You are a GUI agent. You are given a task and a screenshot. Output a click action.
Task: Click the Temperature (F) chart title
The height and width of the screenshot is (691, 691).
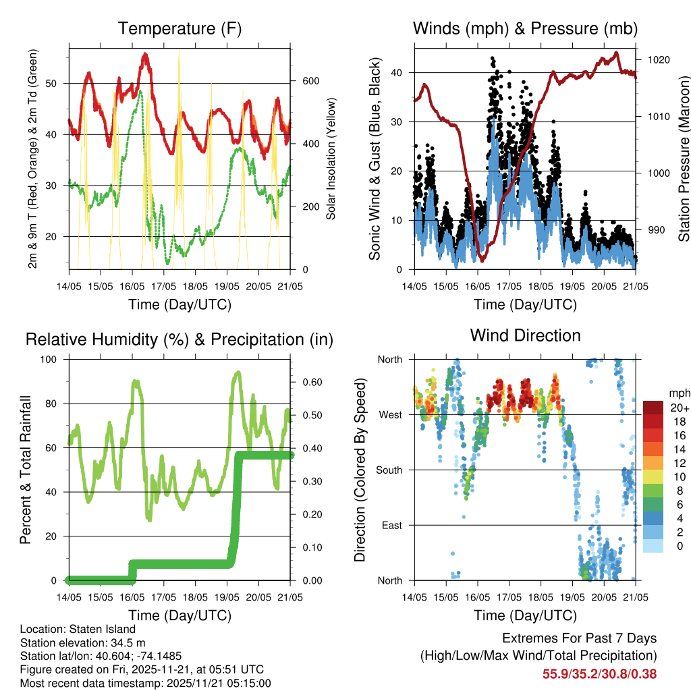click(x=179, y=28)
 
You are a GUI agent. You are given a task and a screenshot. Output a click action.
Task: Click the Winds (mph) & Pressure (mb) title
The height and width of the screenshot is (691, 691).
click(x=525, y=28)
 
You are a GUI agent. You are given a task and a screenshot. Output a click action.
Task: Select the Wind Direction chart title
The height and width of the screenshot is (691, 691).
click(x=525, y=335)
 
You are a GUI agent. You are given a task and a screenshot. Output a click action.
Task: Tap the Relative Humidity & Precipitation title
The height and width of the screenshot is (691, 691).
click(x=179, y=339)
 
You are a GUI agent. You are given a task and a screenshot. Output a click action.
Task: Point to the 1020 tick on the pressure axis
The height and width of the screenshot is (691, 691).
click(x=657, y=59)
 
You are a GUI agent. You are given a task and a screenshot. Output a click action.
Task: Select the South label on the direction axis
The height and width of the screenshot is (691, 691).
click(x=389, y=470)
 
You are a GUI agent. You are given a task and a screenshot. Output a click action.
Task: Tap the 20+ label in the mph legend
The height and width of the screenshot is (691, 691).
click(x=678, y=408)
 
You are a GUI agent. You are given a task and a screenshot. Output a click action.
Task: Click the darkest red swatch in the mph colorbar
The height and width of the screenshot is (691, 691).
click(x=653, y=408)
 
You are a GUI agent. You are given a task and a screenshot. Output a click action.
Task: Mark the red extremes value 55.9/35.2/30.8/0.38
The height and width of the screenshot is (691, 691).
click(x=599, y=673)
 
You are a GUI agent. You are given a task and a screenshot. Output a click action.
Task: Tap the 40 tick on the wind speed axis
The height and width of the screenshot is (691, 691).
click(x=398, y=72)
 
